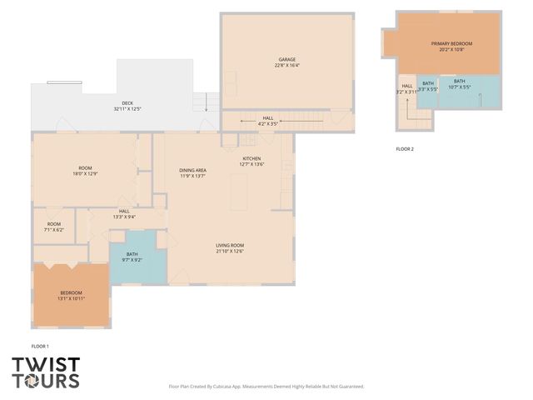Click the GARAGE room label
pyautogui.click(x=287, y=59)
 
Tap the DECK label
pyautogui.click(x=127, y=103)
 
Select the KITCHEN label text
pyautogui.click(x=252, y=158)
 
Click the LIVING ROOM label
pyautogui.click(x=229, y=245)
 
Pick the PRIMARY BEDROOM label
pyautogui.click(x=451, y=43)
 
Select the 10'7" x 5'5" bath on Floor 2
pyautogui.click(x=460, y=84)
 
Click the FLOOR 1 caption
pyautogui.click(x=40, y=346)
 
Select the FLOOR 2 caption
pyautogui.click(x=405, y=149)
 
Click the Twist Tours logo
pyautogui.click(x=46, y=372)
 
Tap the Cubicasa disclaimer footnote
pyautogui.click(x=266, y=387)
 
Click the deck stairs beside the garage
pyautogui.click(x=201, y=102)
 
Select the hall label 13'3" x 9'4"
pyautogui.click(x=124, y=214)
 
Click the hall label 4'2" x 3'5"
pyautogui.click(x=268, y=121)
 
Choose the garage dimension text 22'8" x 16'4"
pyautogui.click(x=287, y=65)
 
